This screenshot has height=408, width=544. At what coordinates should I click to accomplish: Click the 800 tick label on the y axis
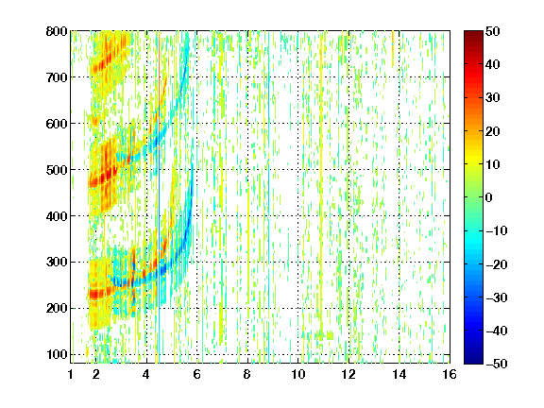coord(57,31)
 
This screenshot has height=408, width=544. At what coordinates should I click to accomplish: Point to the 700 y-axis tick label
coord(57,77)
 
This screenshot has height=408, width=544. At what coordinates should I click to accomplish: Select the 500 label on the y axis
coord(57,170)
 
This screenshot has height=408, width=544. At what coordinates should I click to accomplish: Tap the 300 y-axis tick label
coord(57,263)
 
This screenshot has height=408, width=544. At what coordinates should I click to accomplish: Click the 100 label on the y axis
coord(57,354)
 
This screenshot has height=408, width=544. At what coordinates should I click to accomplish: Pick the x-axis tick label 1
coord(71,374)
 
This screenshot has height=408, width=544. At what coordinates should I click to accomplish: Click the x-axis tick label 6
coord(197,374)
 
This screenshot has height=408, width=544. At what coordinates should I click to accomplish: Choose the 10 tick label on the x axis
coord(298,374)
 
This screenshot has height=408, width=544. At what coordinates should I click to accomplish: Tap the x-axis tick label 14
coord(399,374)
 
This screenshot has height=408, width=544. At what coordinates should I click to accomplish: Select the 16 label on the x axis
coord(450,374)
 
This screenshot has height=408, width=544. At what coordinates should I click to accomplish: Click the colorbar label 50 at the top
coord(493,31)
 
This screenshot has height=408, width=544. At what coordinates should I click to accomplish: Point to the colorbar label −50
coord(497,364)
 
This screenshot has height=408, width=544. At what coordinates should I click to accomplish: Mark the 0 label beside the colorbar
coord(489,197)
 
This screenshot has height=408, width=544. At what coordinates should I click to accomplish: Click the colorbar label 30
coord(493,98)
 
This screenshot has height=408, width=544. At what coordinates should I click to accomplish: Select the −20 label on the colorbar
coord(497,264)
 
